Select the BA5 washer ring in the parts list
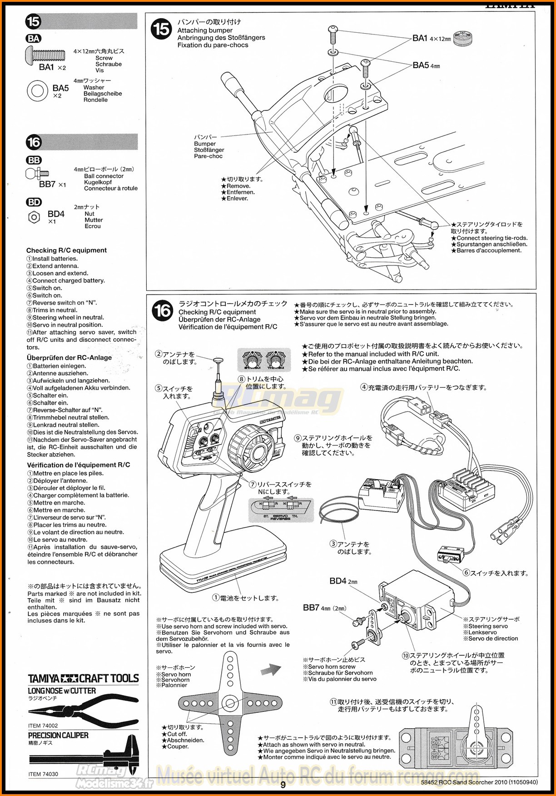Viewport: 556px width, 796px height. tap(37, 90)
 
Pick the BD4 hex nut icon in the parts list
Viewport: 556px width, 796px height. tap(34, 217)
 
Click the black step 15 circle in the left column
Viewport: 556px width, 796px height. tap(34, 21)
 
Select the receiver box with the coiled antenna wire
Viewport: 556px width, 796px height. tap(380, 493)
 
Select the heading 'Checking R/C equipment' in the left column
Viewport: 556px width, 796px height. tap(66, 250)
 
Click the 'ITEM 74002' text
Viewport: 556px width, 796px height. tap(43, 726)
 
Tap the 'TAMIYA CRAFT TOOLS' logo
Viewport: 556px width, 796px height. tap(83, 679)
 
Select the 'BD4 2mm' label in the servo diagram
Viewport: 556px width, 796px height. tap(343, 581)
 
